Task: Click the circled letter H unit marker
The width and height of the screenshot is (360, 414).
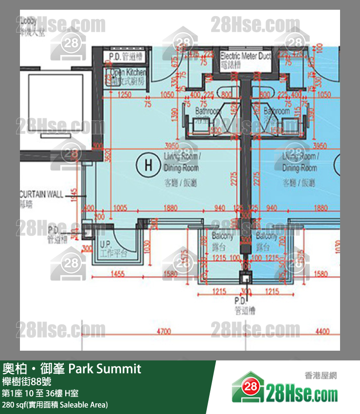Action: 148,165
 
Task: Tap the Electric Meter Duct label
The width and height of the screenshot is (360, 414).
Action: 245,56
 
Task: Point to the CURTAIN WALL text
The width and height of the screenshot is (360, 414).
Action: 42,194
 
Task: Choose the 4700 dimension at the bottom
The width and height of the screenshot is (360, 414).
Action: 163,332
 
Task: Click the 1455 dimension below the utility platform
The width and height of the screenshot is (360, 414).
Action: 117,274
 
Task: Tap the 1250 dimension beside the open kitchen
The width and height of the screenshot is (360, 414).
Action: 125,94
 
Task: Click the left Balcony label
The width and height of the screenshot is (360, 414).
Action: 223,236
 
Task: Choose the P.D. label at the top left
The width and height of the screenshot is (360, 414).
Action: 118,56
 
